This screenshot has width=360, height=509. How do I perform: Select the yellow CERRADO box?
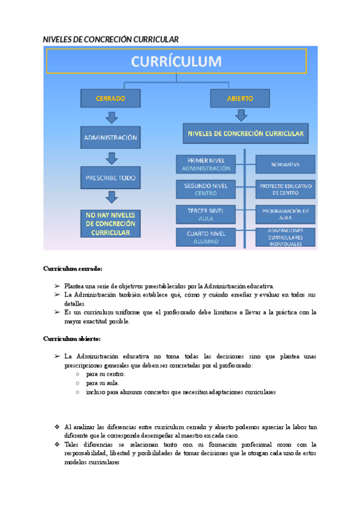tap(110, 98)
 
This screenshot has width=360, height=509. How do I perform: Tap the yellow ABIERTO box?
tap(240, 98)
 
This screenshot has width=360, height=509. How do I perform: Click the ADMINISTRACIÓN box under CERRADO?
tap(110, 137)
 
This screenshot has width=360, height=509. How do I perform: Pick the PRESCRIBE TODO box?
tap(110, 178)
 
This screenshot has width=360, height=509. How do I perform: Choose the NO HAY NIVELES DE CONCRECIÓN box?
tap(110, 223)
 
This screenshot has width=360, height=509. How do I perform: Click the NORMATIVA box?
tap(286, 164)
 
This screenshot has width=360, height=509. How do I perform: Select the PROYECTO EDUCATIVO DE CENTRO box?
tap(286, 190)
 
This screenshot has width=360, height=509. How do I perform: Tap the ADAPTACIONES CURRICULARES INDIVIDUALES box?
tap(286, 238)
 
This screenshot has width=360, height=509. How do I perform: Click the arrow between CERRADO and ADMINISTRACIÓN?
tap(111, 117)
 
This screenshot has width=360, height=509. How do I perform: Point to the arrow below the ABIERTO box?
tap(241, 115)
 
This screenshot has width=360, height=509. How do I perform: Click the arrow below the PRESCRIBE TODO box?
tap(111, 197)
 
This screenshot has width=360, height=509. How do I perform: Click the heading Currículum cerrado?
tap(73, 268)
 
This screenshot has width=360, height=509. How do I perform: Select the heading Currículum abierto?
tap(72, 339)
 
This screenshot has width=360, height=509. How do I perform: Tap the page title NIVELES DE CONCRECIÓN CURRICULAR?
tap(111, 40)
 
